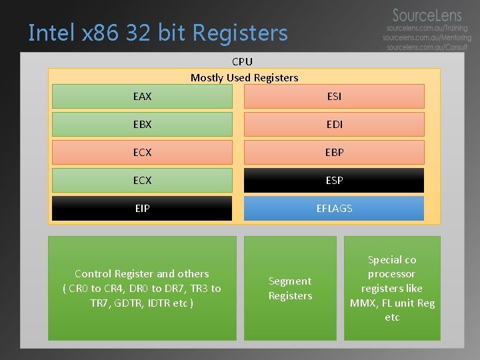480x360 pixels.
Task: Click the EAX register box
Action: coord(142,97)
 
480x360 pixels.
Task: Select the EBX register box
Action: coord(142,125)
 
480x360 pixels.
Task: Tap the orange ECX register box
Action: coord(142,153)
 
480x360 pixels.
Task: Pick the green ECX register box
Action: coord(142,181)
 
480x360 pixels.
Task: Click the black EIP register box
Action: coord(142,209)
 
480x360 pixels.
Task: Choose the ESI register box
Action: coord(334,97)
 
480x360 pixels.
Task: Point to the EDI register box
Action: coord(334,125)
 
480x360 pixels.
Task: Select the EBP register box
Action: coord(334,153)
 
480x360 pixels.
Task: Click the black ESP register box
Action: coord(334,181)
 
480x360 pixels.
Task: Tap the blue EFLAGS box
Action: coord(334,209)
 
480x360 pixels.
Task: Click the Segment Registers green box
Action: coord(290,288)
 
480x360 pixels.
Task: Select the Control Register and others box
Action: coord(142,288)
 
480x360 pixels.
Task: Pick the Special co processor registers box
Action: coord(392,288)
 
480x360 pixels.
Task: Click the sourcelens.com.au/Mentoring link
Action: coord(427,38)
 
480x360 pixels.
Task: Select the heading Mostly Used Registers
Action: coord(244,77)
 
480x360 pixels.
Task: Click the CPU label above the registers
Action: coord(242,61)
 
